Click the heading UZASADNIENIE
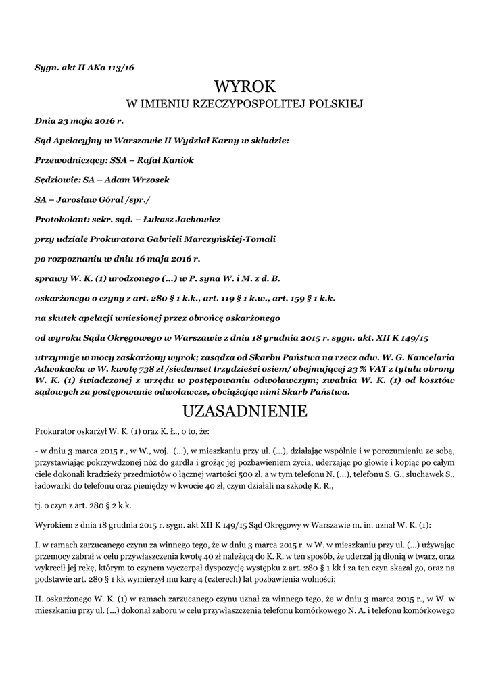pos(245,411)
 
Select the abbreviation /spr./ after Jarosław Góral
pos(139,199)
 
